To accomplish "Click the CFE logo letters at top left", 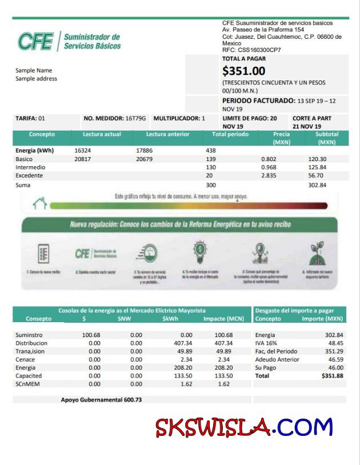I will click(36, 41).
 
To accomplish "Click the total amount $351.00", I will click(243, 71).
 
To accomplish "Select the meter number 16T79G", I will click(135, 118).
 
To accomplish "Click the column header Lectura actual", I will click(102, 134).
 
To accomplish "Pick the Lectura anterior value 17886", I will click(144, 150).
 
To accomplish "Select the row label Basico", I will click(24, 159).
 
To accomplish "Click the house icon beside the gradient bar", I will click(39, 203).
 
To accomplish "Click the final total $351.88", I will click(332, 376).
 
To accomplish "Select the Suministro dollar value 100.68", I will click(91, 335).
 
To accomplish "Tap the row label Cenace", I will click(26, 360).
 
